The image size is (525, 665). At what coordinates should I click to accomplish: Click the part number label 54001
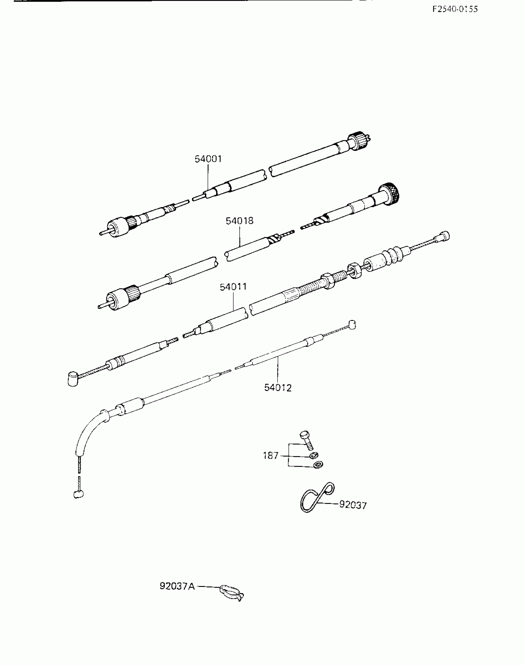pos(208,159)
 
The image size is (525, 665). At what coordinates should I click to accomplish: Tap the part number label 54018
pos(239,221)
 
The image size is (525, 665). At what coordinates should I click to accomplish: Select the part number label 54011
pos(233,287)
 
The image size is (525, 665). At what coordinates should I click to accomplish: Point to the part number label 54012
pos(278,388)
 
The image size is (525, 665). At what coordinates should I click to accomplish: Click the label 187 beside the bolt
pos(271,456)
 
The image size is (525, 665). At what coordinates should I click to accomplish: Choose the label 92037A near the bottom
pos(177,586)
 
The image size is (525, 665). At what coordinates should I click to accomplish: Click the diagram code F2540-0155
pos(455,9)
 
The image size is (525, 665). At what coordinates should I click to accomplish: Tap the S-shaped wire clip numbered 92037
pos(317,497)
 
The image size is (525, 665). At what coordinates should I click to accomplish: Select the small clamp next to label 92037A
pos(231,592)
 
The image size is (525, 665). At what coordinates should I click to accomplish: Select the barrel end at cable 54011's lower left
pos(73,379)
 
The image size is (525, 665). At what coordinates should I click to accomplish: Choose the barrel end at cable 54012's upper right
pos(352,325)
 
